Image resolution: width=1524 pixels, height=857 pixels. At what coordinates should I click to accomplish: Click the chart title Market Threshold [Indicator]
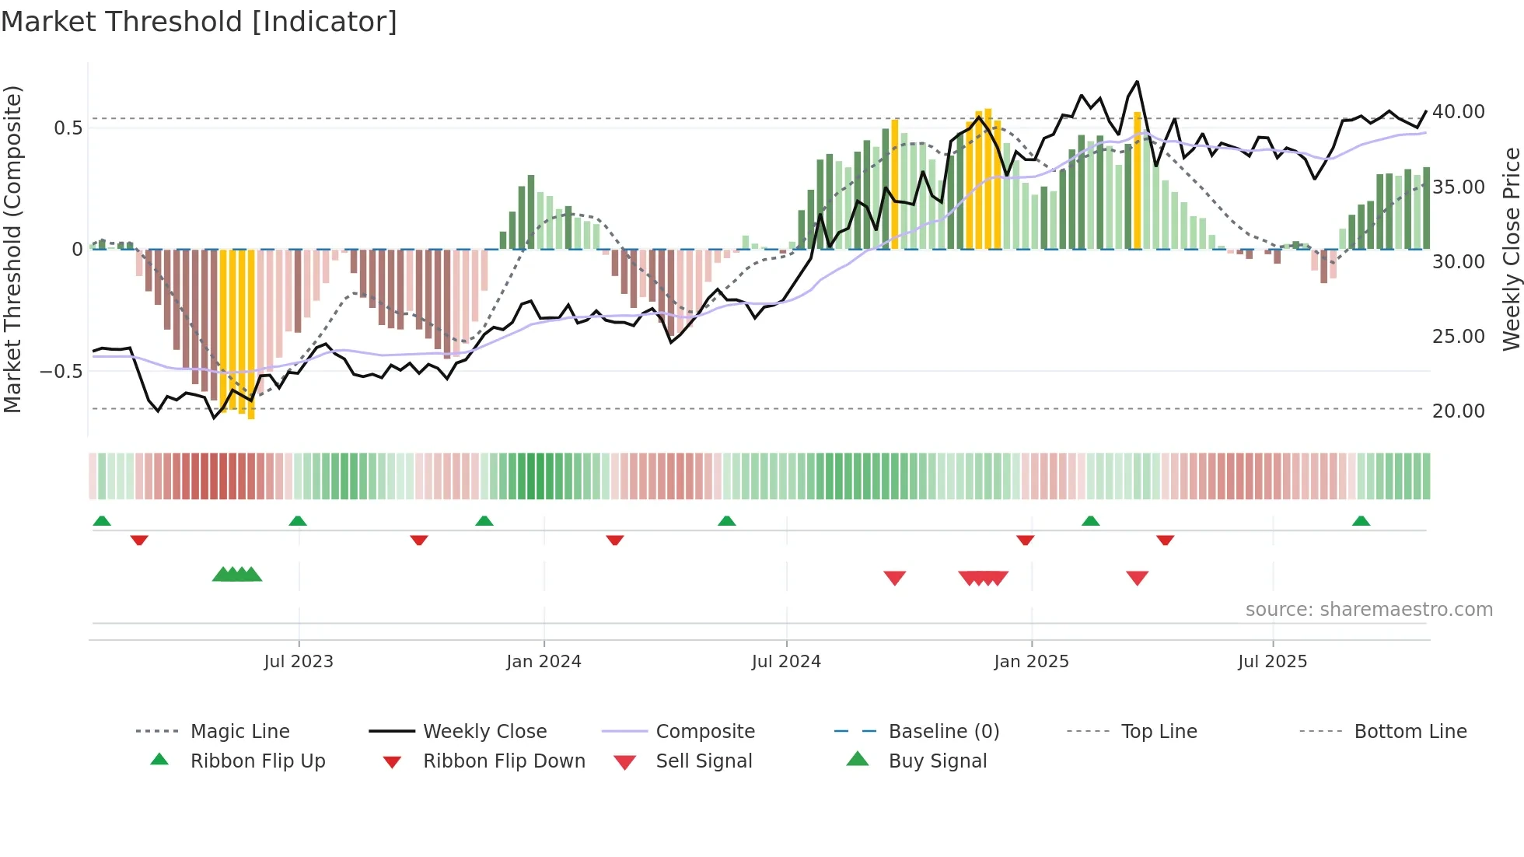pos(199,22)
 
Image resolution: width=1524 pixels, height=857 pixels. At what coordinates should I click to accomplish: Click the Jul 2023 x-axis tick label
pos(299,662)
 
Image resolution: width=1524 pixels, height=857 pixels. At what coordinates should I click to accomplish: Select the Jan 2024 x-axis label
pos(544,662)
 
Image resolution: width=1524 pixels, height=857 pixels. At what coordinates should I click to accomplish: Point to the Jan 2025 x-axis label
pos(1031,662)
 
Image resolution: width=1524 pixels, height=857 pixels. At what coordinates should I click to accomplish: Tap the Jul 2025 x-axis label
pos(1272,662)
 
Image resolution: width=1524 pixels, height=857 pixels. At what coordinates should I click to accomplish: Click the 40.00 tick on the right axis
pos(1458,112)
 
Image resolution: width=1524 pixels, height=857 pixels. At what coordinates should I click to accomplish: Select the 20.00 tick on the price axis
pos(1458,411)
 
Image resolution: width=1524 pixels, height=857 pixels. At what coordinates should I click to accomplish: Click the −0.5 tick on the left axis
pos(61,371)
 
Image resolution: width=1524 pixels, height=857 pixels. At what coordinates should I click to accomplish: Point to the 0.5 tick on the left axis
pos(68,128)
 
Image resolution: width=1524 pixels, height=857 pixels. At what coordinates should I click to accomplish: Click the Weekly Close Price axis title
pos(1511,249)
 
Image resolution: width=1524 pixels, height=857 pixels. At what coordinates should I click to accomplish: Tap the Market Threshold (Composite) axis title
pos(12,249)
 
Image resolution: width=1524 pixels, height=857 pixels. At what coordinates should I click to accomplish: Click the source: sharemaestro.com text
pos(1368,610)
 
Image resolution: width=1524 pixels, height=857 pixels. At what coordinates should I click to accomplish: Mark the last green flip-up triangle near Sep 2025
pos(1361,521)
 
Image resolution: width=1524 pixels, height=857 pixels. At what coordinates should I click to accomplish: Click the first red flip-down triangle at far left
pos(139,540)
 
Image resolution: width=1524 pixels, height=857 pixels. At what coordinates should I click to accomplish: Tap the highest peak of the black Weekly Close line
pos(1137,82)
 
